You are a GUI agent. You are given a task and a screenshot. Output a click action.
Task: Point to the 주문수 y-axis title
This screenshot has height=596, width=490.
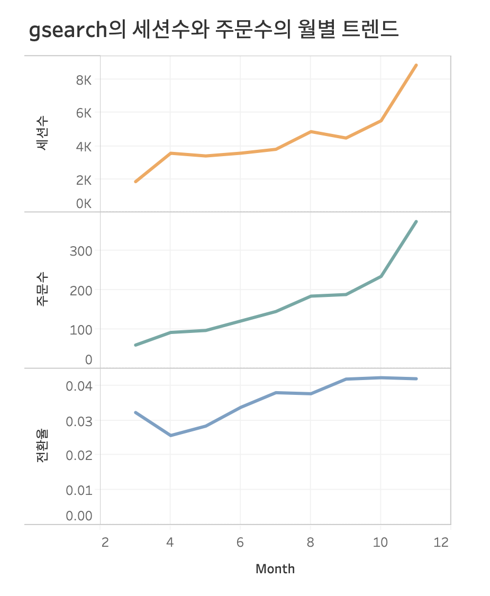[x=42, y=290]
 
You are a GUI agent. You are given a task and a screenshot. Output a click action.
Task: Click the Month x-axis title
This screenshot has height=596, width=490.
[x=275, y=569]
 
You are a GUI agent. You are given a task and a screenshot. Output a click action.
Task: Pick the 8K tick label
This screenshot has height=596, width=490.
[x=84, y=80]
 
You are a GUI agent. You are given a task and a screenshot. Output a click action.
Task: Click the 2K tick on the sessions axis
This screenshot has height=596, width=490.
[x=84, y=180]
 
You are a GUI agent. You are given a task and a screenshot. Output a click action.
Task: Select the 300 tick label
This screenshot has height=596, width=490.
[x=81, y=250]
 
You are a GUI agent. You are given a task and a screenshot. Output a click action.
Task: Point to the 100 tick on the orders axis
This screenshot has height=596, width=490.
[x=81, y=329]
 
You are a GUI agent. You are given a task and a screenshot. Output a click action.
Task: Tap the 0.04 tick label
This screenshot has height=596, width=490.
[x=79, y=385]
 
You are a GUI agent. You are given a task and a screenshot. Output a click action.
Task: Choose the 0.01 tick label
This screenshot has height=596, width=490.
[x=79, y=490]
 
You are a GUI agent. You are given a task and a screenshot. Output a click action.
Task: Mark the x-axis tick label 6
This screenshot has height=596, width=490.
[x=240, y=543]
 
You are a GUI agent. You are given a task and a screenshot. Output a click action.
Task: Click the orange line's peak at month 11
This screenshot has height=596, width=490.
[x=416, y=65]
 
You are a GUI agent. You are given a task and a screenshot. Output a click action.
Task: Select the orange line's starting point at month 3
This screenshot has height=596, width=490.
[x=135, y=182]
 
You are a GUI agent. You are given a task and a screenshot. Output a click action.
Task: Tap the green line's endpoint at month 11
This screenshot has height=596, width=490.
[x=416, y=221]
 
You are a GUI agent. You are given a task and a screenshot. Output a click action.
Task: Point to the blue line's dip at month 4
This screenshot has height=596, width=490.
[x=170, y=435]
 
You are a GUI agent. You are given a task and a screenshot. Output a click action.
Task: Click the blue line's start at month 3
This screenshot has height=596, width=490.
[x=135, y=412]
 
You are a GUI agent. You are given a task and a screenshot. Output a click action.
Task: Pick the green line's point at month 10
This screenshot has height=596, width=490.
[x=381, y=276]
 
